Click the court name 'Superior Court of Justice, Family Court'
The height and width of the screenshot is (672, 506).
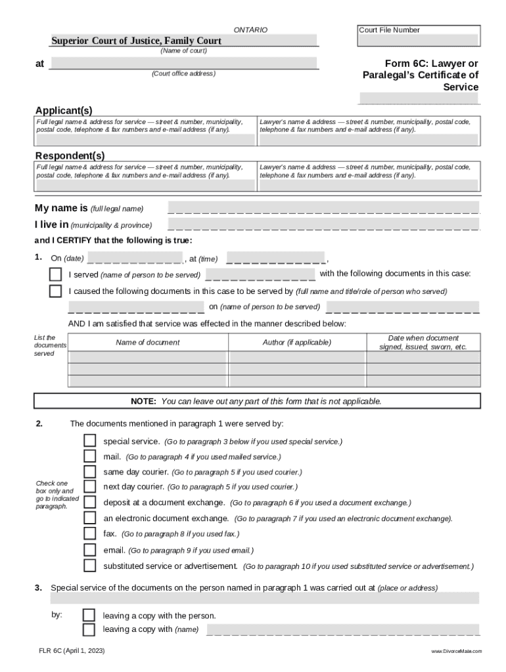[137, 41]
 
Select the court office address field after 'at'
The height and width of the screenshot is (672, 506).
[183, 64]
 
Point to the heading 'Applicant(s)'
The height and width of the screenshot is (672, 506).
[64, 110]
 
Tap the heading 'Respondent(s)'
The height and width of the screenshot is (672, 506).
[70, 156]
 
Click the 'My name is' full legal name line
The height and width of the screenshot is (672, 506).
[323, 209]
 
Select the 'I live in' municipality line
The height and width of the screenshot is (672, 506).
[323, 225]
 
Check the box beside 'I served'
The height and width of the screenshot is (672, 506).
[56, 274]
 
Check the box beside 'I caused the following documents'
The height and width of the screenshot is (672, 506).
[56, 291]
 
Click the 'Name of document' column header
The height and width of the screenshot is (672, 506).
[148, 343]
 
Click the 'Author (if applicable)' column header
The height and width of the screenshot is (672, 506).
[297, 343]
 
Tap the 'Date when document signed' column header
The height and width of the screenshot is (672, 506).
[423, 343]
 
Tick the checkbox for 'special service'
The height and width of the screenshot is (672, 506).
[90, 441]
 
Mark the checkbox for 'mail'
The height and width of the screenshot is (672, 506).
[90, 456]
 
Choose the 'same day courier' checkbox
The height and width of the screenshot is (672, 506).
[90, 472]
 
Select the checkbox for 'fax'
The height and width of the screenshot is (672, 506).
[90, 534]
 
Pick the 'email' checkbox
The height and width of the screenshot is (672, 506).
[90, 550]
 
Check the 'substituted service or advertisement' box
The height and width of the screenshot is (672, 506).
[90, 565]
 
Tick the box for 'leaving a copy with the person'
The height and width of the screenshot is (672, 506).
[89, 616]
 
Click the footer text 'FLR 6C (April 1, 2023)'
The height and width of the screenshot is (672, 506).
[71, 651]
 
